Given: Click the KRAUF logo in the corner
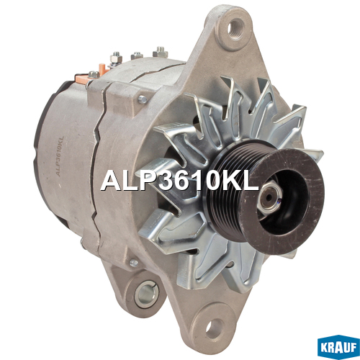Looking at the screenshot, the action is click(338, 347).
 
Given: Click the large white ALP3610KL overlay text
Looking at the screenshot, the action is click(180, 181).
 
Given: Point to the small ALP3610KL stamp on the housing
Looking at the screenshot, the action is click(60, 156).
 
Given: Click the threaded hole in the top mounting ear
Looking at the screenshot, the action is click(235, 27).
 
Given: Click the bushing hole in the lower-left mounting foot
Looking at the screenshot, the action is click(146, 293).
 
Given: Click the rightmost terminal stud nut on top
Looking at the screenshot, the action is click(161, 53).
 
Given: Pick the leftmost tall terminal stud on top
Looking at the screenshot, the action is click(116, 58).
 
